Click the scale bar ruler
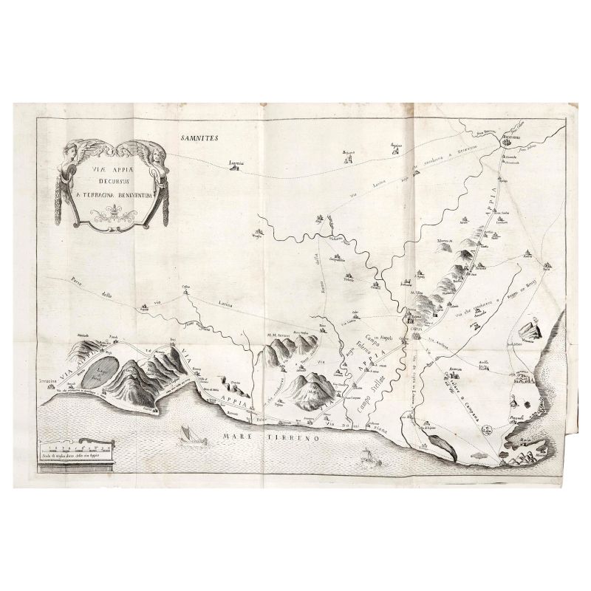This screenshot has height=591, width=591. [77, 447]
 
